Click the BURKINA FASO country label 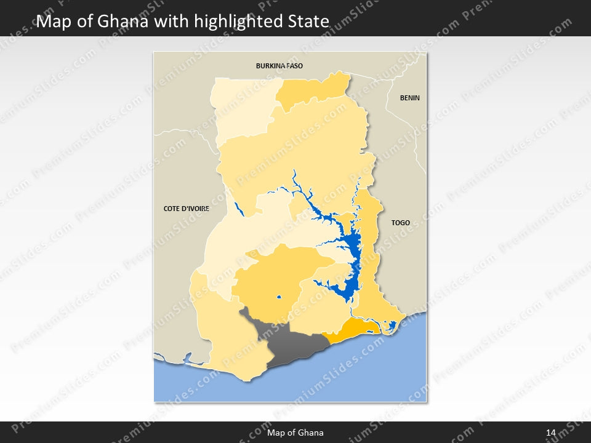click(x=279, y=65)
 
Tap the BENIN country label click(x=409, y=98)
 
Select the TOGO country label click(x=400, y=223)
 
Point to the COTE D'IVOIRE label click(x=186, y=209)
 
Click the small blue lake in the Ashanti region click(x=279, y=298)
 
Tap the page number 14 click(x=550, y=433)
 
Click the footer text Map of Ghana click(x=295, y=433)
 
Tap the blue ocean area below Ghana click(x=369, y=375)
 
